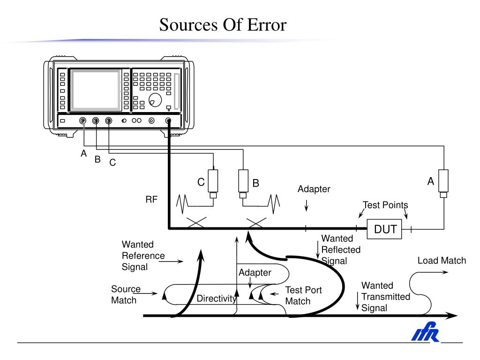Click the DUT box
tap(385, 229)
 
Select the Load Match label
tap(442, 261)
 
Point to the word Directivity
tap(216, 299)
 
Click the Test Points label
tap(385, 205)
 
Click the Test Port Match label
tap(303, 295)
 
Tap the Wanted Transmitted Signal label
tap(385, 296)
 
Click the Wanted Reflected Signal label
tap(341, 250)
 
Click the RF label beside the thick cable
tap(151, 200)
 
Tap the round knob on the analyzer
tap(155, 99)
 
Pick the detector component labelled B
tap(243, 181)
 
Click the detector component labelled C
tap(213, 181)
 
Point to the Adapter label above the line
tap(314, 189)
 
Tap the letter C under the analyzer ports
tap(112, 163)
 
